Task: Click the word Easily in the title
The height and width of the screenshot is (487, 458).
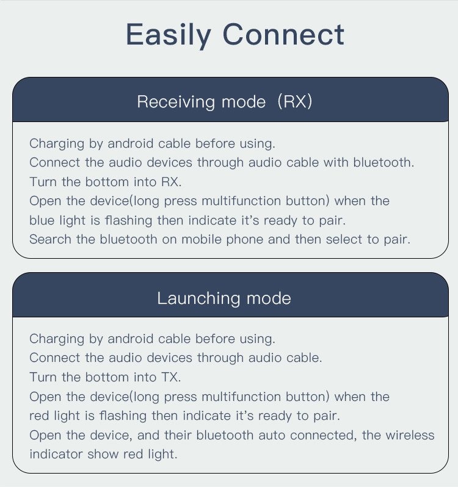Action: pyautogui.click(x=169, y=35)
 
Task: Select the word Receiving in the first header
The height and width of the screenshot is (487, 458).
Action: pyautogui.click(x=176, y=102)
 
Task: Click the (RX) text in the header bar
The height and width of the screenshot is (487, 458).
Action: pyautogui.click(x=294, y=101)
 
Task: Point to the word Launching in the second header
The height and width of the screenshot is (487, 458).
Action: pyautogui.click(x=198, y=298)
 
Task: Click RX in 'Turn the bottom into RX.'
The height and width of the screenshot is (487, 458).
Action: pyautogui.click(x=171, y=182)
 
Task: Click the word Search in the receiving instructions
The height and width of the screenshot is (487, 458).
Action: pyautogui.click(x=50, y=239)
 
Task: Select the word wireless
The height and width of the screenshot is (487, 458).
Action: pyautogui.click(x=410, y=435)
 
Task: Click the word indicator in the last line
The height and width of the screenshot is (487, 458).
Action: pyautogui.click(x=56, y=454)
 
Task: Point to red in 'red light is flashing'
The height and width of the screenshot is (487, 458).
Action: pyautogui.click(x=39, y=416)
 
